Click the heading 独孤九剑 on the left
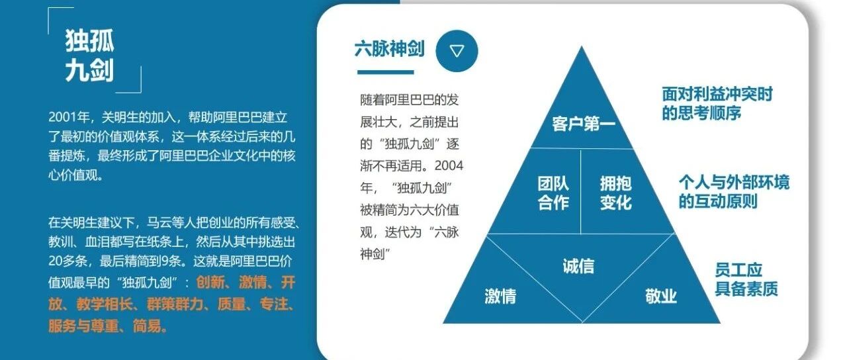coord(89,56)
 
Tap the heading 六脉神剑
coord(390,49)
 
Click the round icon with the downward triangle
coord(457,51)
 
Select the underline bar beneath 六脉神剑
coord(386,72)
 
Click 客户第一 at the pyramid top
coord(584,124)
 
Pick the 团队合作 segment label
coord(554,193)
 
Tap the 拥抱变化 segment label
coord(616,193)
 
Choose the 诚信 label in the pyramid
coord(578,266)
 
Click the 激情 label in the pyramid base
coord(500,296)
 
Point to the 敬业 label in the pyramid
coord(661,296)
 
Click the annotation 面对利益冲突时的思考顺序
coord(717,103)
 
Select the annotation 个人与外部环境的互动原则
coord(734,192)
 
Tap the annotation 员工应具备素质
coord(746,279)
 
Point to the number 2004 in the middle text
coord(449,165)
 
